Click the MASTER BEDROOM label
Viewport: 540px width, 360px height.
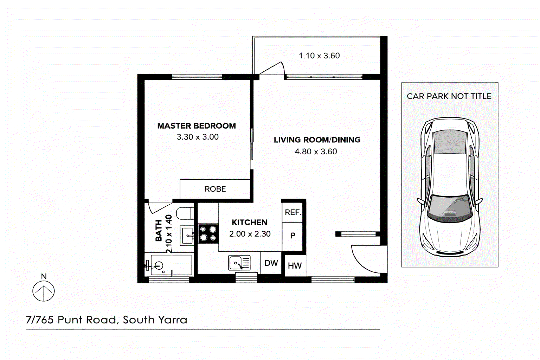click(x=197, y=126)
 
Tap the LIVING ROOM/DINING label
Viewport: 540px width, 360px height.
click(x=317, y=140)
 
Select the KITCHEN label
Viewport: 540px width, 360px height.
click(x=250, y=222)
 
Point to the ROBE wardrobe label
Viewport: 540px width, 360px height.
click(x=215, y=189)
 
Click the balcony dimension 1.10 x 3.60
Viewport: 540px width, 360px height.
click(x=319, y=56)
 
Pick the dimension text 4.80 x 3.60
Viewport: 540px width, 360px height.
click(x=316, y=152)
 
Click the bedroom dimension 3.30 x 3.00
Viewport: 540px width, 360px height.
click(x=198, y=137)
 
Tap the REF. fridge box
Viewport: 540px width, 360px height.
click(x=292, y=212)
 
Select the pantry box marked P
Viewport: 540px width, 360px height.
click(x=292, y=236)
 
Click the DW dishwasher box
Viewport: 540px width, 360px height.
click(x=271, y=263)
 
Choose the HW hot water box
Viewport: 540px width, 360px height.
click(x=295, y=266)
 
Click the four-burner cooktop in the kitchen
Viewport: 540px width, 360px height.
click(x=208, y=234)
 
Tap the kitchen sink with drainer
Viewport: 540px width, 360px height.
click(x=239, y=263)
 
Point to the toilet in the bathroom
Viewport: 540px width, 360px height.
click(x=185, y=213)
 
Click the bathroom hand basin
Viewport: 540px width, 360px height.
click(x=187, y=235)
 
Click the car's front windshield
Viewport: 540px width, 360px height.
click(x=450, y=208)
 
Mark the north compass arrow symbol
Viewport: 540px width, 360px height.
click(x=44, y=291)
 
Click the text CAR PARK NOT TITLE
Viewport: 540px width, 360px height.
click(x=449, y=96)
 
